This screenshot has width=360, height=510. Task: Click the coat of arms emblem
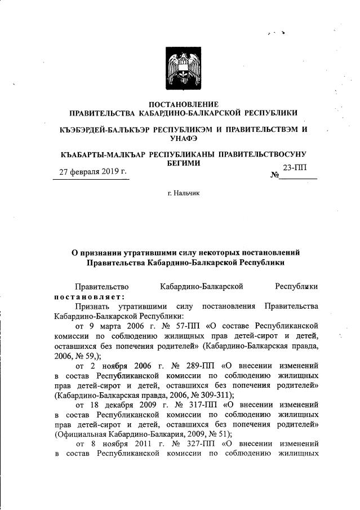(x=183, y=67)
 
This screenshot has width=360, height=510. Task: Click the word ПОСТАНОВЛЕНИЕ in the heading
(x=183, y=104)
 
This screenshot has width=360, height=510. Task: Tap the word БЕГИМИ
(x=183, y=162)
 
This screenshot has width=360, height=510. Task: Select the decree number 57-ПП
(x=152, y=326)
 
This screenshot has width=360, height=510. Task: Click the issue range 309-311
(x=206, y=395)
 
